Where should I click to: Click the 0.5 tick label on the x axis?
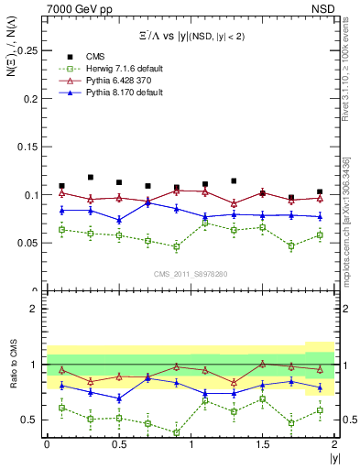pyautogui.click(x=119, y=444)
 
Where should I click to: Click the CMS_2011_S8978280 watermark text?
pyautogui.click(x=191, y=273)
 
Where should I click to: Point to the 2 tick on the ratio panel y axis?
pyautogui.click(x=35, y=309)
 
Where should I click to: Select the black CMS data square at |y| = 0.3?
pyautogui.click(x=90, y=177)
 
